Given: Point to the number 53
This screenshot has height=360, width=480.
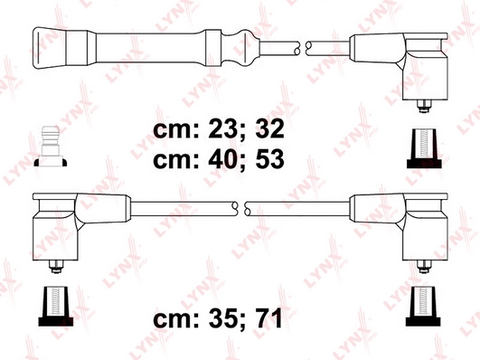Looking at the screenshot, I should (x=269, y=159).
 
